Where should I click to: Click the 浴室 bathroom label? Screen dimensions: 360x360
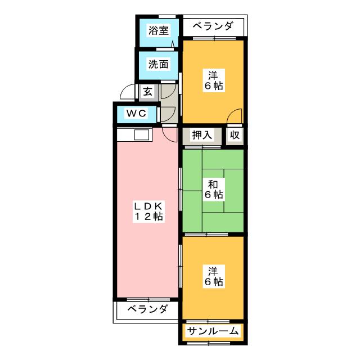click(x=158, y=31)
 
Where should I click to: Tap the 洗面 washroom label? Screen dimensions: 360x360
click(x=158, y=64)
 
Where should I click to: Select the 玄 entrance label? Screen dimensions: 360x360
click(x=147, y=91)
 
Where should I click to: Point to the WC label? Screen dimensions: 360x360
click(x=136, y=114)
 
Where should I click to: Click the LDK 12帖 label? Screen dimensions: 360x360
click(x=148, y=211)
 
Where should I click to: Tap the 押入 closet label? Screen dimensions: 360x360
click(x=202, y=135)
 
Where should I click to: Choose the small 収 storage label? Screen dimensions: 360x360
click(x=235, y=135)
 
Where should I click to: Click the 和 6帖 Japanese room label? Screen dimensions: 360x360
click(x=213, y=190)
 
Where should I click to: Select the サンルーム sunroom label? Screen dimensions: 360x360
click(x=213, y=331)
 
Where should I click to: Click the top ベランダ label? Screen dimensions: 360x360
click(x=213, y=26)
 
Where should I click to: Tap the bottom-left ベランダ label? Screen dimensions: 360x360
click(x=147, y=309)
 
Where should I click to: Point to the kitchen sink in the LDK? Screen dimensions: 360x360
click(x=141, y=135)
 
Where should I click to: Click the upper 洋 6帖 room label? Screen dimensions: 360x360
click(x=213, y=80)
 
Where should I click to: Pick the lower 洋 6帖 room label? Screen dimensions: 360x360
click(x=213, y=276)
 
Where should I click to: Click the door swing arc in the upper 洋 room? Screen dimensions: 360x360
click(x=235, y=115)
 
